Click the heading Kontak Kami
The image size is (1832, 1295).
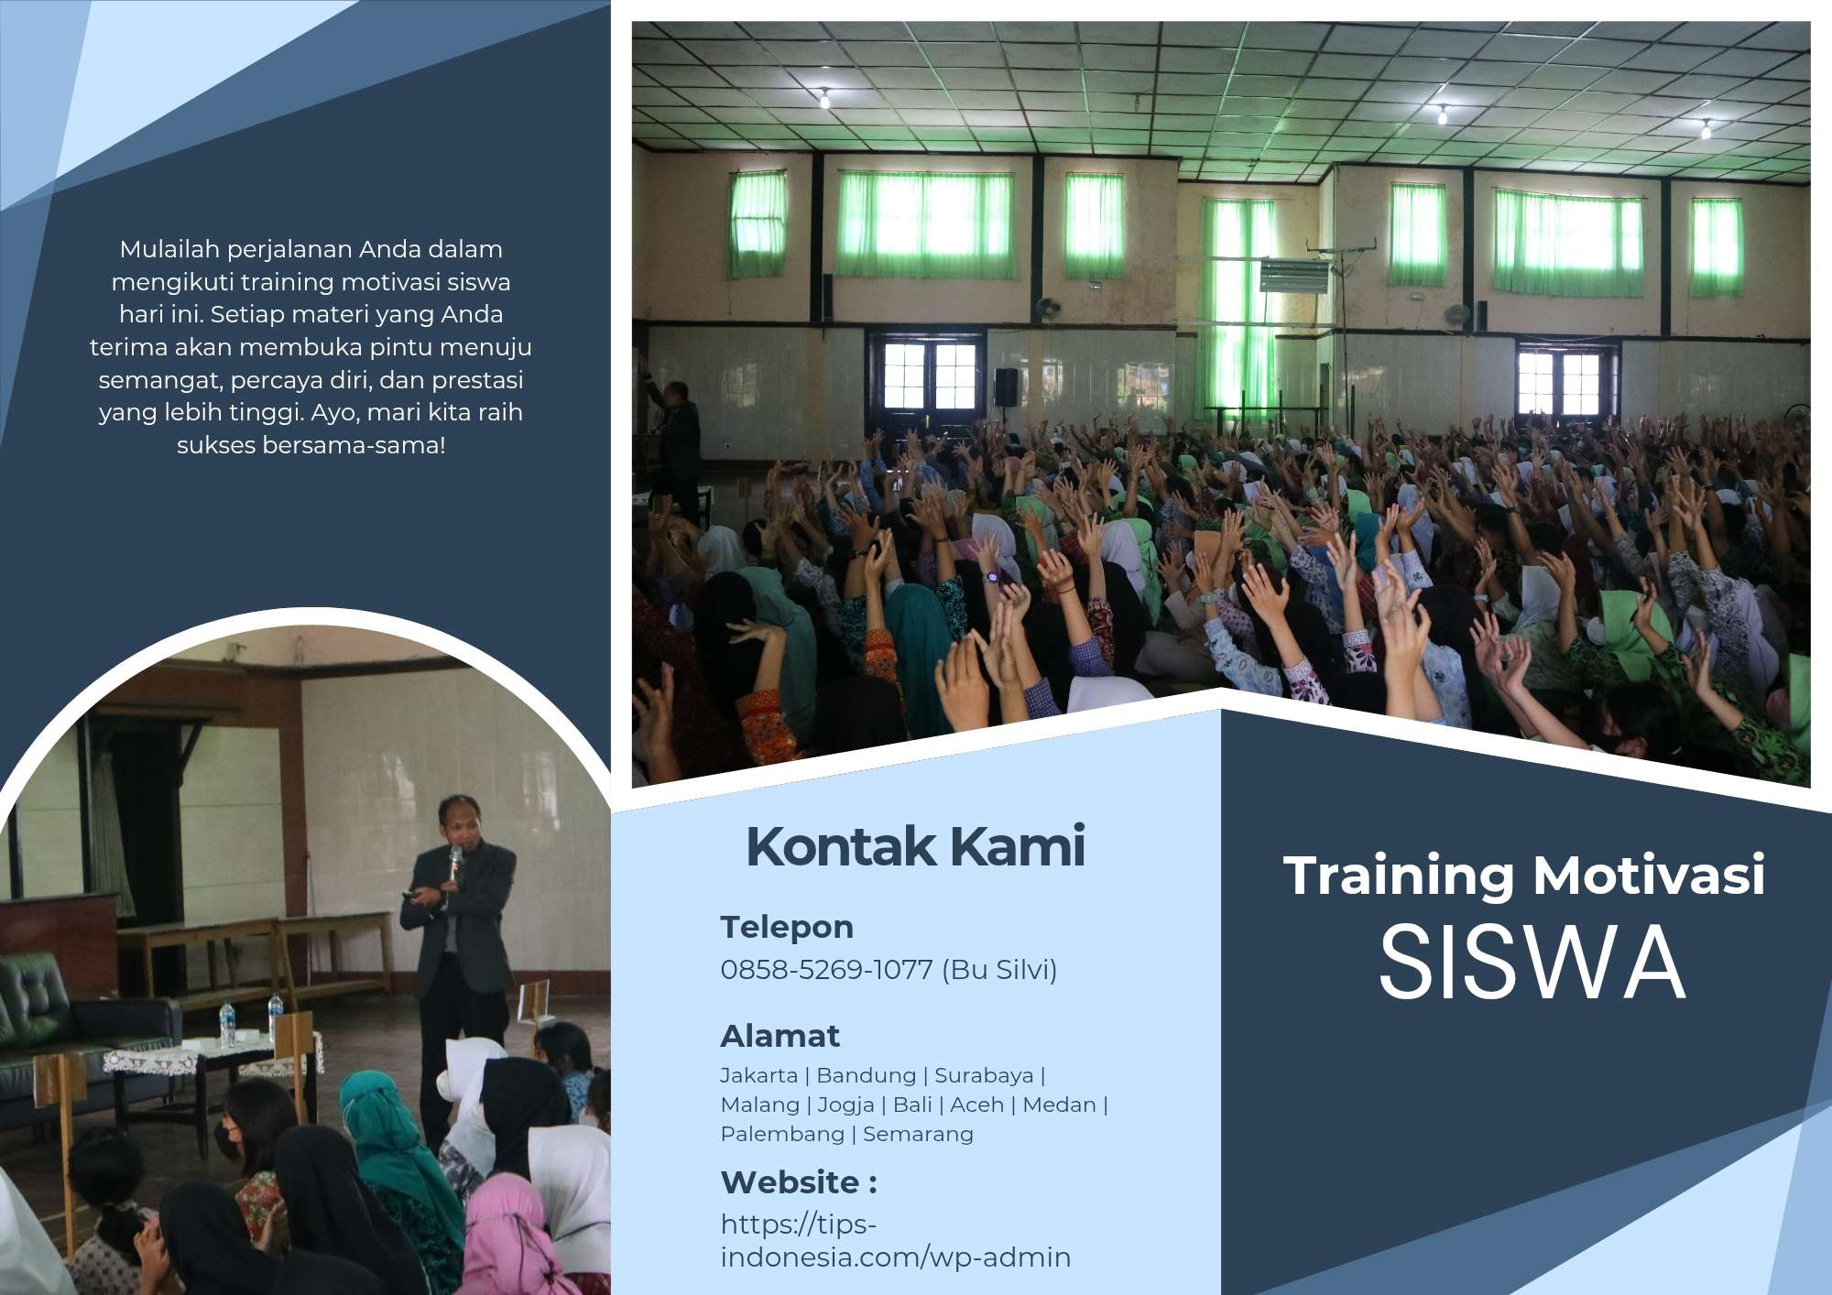[915, 846]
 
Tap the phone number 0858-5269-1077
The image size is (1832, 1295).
[826, 969]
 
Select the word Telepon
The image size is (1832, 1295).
[787, 927]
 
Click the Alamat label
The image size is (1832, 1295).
[780, 1036]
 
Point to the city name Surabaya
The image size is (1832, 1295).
[984, 1075]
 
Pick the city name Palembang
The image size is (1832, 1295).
[782, 1134]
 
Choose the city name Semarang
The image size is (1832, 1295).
[918, 1134]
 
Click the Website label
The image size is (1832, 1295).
[799, 1181]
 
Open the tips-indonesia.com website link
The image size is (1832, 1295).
[895, 1241]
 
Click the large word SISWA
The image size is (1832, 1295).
[1532, 962]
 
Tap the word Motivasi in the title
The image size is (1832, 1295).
[1649, 875]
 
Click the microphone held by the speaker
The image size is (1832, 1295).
[454, 862]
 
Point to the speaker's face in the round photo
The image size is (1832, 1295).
[455, 822]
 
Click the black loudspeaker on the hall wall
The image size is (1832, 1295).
[1006, 386]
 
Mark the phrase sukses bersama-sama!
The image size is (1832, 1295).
[311, 445]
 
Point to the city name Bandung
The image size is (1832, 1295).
[866, 1075]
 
